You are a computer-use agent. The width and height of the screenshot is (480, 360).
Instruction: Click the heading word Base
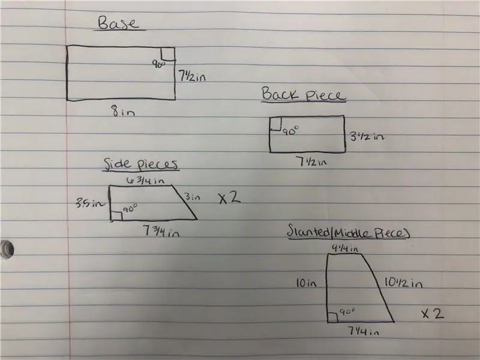click(x=118, y=23)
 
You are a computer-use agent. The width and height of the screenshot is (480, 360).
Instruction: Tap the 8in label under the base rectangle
click(x=123, y=111)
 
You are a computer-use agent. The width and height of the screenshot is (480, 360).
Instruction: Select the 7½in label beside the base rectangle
click(x=192, y=76)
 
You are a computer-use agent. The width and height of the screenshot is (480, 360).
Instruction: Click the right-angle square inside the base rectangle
click(x=168, y=54)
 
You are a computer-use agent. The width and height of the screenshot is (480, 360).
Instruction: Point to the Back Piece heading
click(x=304, y=94)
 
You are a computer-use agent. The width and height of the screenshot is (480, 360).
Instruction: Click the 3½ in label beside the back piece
click(x=367, y=136)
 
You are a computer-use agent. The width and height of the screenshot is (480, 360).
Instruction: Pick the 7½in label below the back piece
click(x=311, y=161)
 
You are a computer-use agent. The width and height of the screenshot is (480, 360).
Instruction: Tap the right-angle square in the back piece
click(x=275, y=124)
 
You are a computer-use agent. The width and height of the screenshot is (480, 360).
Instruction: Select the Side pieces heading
click(x=141, y=164)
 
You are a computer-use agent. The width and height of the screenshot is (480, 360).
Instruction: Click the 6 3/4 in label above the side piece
click(x=145, y=181)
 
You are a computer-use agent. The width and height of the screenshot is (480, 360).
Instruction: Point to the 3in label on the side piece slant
click(x=192, y=197)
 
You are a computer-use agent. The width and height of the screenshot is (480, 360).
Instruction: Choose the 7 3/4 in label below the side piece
click(x=161, y=231)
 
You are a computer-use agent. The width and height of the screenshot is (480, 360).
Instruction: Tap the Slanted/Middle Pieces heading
click(x=349, y=232)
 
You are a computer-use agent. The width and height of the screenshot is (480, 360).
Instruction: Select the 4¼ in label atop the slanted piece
click(x=345, y=248)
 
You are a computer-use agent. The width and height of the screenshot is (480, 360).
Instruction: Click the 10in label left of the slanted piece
click(x=306, y=283)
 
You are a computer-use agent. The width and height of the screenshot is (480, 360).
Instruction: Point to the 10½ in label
click(x=403, y=282)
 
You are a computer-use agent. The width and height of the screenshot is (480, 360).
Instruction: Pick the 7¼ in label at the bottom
click(x=363, y=331)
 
